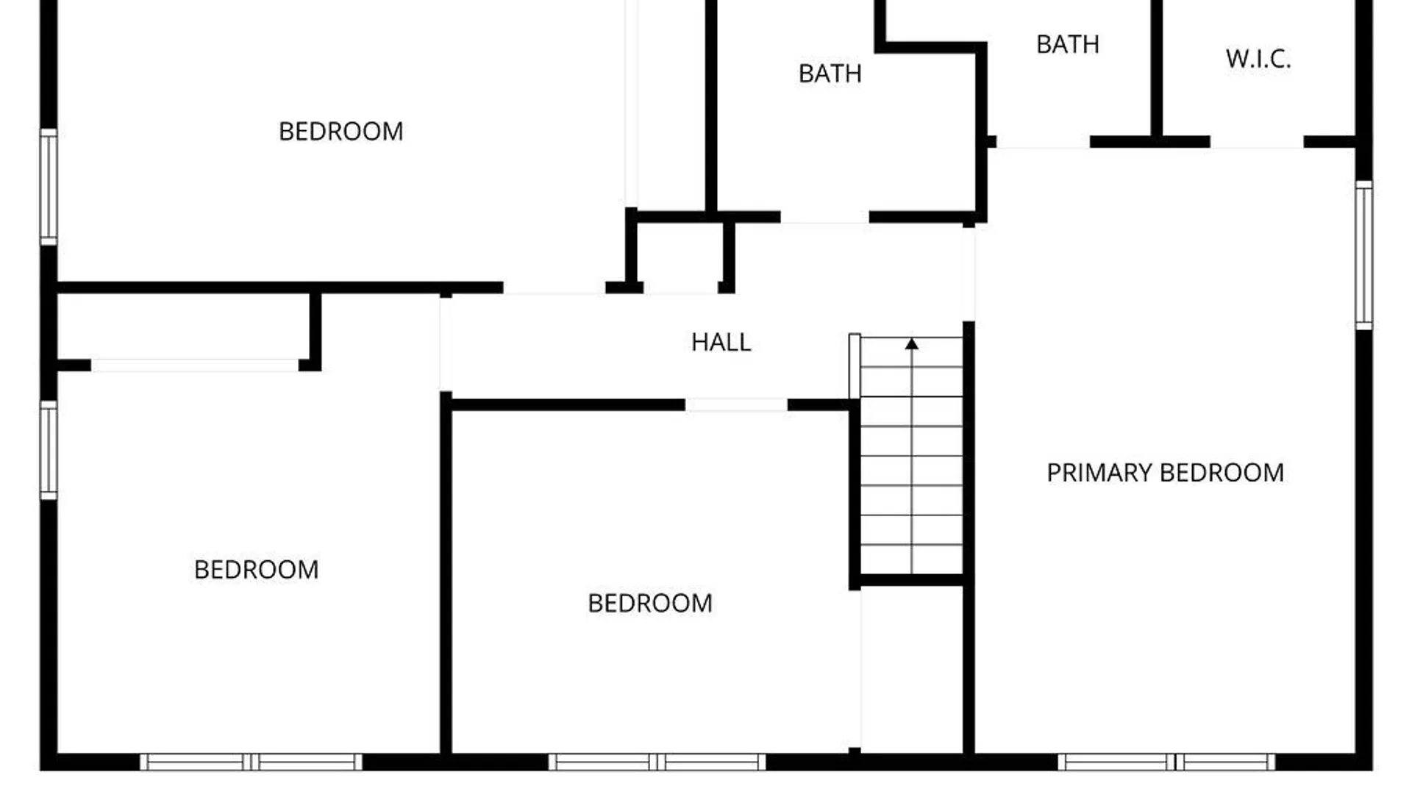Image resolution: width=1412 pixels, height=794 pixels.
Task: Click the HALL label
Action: [721, 342]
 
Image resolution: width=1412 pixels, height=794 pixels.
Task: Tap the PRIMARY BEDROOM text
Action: [1165, 472]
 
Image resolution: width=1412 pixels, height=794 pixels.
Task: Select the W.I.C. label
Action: [1258, 59]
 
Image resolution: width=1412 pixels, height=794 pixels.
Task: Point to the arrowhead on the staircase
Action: [912, 343]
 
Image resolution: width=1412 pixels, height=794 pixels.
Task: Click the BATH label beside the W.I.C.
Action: [1068, 44]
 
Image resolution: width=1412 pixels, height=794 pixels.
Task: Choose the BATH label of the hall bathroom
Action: [830, 74]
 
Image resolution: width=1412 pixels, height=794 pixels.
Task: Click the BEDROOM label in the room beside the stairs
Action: [650, 603]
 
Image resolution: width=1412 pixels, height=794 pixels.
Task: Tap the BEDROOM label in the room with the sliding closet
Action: [256, 569]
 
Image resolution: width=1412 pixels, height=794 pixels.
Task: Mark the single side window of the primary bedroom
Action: [1364, 254]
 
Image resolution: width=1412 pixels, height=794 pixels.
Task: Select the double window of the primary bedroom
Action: [1166, 762]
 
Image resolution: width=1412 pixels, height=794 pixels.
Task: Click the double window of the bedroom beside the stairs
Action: [657, 762]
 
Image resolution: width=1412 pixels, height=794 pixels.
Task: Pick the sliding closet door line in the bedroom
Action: [195, 365]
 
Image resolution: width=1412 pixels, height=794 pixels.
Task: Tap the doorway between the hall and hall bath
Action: [824, 218]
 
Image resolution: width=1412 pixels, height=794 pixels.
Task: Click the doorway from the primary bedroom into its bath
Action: [1043, 143]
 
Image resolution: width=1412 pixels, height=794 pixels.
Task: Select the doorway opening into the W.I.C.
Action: [1257, 143]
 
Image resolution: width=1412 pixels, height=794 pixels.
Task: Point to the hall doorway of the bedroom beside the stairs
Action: [736, 405]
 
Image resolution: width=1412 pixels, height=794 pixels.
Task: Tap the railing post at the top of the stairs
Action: [855, 366]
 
